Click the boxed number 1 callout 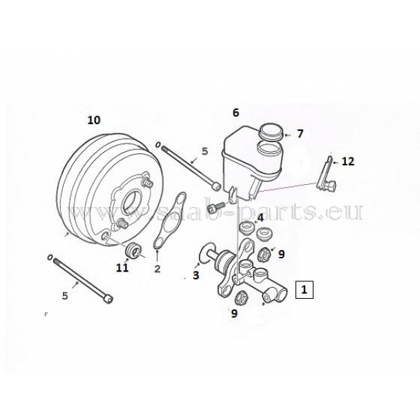304,290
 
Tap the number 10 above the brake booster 94,120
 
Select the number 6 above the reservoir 236,113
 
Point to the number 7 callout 300,134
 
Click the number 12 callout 348,162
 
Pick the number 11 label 122,267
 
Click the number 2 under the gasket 157,268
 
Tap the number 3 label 196,275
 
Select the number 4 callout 260,218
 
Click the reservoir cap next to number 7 272,132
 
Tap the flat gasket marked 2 170,221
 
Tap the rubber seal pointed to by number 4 245,228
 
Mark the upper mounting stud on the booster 148,183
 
